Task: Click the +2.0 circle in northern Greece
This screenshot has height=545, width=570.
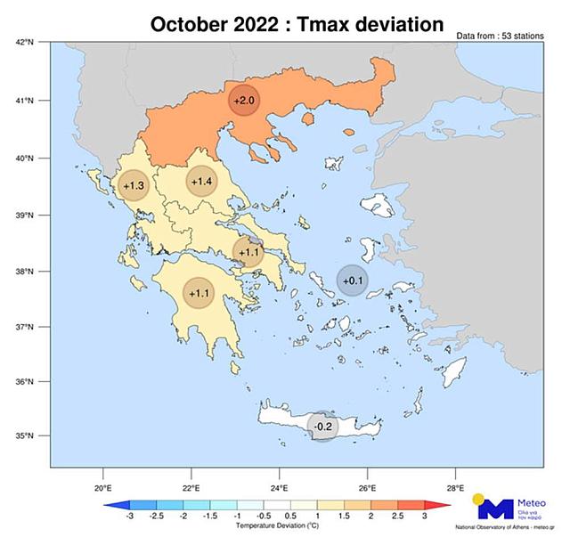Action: tap(243, 101)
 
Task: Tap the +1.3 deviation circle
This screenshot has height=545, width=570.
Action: tap(134, 185)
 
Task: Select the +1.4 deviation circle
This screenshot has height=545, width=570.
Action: tap(201, 182)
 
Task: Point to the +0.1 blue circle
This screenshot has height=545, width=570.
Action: tap(353, 281)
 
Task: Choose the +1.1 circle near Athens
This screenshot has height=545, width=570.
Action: tap(248, 252)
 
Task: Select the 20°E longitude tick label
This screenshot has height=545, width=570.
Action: tap(102, 488)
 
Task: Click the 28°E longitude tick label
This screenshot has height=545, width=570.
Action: tap(456, 488)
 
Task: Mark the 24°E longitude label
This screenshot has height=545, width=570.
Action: tap(279, 488)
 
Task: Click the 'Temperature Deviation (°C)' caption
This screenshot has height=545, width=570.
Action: tap(277, 526)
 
